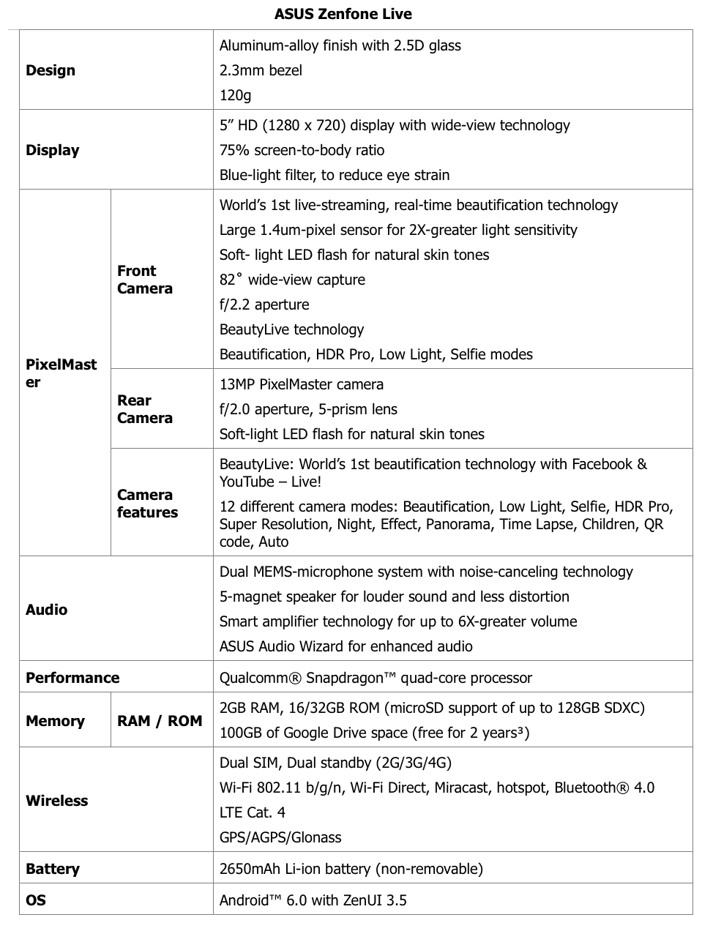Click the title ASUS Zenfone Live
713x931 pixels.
pyautogui.click(x=343, y=14)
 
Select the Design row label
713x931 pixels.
pyautogui.click(x=51, y=70)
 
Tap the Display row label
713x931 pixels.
pyautogui.click(x=52, y=150)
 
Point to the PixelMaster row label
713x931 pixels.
pyautogui.click(x=61, y=373)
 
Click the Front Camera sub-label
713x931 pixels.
pyautogui.click(x=145, y=280)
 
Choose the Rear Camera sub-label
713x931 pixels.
pyautogui.click(x=145, y=409)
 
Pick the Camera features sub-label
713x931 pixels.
pyautogui.click(x=147, y=504)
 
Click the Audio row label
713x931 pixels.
pyautogui.click(x=46, y=610)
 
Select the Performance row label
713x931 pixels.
pyautogui.click(x=72, y=678)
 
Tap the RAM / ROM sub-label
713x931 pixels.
pyautogui.click(x=160, y=721)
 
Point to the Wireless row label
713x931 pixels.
pyautogui.click(x=56, y=801)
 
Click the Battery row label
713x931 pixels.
pyautogui.click(x=52, y=869)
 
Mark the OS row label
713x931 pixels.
pyautogui.click(x=36, y=900)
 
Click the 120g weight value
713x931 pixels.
pyautogui.click(x=236, y=95)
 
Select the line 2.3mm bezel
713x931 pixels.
pyautogui.click(x=261, y=70)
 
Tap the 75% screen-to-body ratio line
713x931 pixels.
pyautogui.click(x=302, y=150)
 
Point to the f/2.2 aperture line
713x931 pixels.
pyautogui.click(x=264, y=304)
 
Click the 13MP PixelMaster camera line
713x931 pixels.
pyautogui.click(x=302, y=384)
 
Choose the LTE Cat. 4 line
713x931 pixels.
pyautogui.click(x=253, y=812)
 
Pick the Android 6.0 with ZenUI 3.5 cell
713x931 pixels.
pyautogui.click(x=313, y=900)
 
